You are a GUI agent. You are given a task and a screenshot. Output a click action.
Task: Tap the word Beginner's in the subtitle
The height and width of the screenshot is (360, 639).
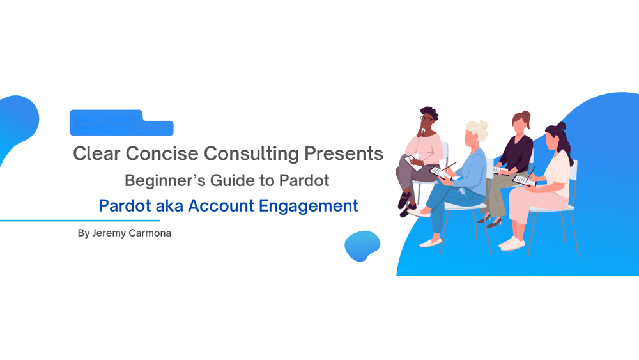click(162, 181)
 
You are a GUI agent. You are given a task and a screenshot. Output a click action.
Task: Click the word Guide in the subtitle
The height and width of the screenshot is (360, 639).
click(229, 181)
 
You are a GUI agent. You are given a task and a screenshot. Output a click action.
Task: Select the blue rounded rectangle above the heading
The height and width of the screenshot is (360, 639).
click(121, 123)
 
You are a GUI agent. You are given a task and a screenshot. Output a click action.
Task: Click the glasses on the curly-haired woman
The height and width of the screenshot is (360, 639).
click(426, 118)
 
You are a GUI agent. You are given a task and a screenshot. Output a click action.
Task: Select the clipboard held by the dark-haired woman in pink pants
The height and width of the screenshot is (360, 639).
click(522, 180)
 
